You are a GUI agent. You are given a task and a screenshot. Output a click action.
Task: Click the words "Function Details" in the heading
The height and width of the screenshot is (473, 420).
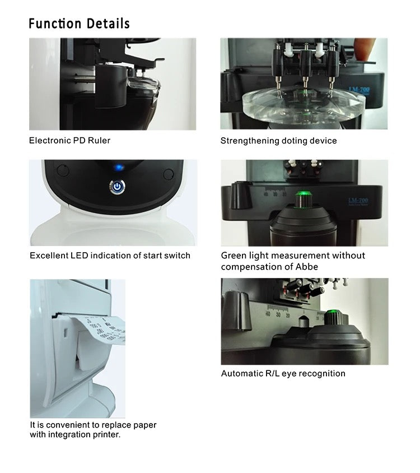(79, 24)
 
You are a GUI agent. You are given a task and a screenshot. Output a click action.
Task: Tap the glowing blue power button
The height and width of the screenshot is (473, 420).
(118, 187)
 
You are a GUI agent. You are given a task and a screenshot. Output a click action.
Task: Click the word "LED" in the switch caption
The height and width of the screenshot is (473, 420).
(80, 256)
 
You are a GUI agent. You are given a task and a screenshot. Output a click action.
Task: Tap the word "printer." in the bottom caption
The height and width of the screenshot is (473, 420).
(107, 434)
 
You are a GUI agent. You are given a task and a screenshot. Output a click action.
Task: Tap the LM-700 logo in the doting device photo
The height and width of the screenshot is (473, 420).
(359, 90)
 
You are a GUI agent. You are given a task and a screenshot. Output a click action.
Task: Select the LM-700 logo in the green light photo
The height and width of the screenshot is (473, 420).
(358, 201)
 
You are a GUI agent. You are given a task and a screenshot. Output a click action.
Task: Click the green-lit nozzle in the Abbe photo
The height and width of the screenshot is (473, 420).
(303, 199)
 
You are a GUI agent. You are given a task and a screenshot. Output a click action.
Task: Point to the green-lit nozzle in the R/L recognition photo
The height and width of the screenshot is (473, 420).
(333, 317)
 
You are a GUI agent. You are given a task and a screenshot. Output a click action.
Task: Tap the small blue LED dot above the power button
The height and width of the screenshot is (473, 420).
(119, 167)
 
